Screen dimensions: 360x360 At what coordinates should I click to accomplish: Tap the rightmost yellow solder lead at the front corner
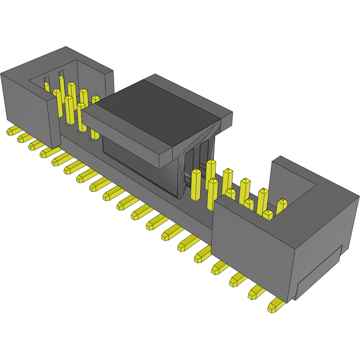tap(275, 306)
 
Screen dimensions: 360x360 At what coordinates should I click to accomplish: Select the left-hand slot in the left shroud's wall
tap(46, 80)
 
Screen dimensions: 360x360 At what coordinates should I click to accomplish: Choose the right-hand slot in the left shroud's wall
tap(61, 73)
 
